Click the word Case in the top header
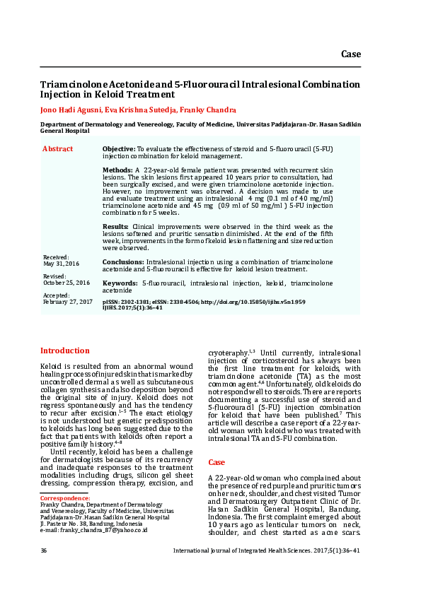tap(351, 54)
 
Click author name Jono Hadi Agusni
tap(71, 110)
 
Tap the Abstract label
tap(57, 149)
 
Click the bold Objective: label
tap(119, 149)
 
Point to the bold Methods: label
tap(117, 171)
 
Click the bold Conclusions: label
tap(123, 261)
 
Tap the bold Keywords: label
tap(120, 283)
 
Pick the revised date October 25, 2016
tap(67, 283)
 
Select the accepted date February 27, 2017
tap(68, 302)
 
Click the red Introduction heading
tap(64, 350)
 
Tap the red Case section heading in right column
tap(216, 462)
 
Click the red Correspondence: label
tap(65, 498)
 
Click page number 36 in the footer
tap(44, 550)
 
